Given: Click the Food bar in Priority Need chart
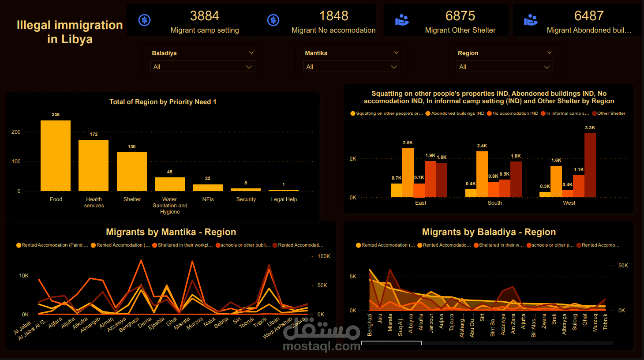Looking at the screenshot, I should [56, 155].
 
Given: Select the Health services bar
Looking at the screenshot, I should [94, 165].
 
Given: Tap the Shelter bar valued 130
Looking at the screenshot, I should [132, 171].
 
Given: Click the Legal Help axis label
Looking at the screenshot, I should [284, 199].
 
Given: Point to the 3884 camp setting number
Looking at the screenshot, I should [204, 16].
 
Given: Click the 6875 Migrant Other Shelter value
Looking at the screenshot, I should [460, 16].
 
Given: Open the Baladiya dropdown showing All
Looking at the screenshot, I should [202, 67].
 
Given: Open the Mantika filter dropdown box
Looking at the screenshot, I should [351, 67].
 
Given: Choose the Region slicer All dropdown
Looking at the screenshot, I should [504, 67].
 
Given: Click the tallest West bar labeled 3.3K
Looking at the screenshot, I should [590, 165].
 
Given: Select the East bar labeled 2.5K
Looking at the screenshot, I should [408, 172].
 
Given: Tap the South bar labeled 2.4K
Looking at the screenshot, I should [482, 174].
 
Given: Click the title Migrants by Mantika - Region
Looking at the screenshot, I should [171, 232].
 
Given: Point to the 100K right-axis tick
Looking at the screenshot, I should [324, 256].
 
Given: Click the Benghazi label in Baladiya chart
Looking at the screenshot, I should [370, 325].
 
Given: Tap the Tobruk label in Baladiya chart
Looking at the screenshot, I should [605, 322].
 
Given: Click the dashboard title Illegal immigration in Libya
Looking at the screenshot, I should [70, 32].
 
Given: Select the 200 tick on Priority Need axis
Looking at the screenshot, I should [16, 132].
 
